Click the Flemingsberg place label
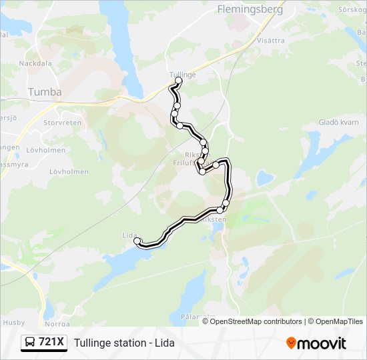[x=250, y=9]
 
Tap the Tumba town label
[x=45, y=92]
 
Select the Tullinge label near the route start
[x=182, y=75]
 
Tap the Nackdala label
[x=35, y=63]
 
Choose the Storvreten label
[x=62, y=123]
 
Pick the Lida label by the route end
[x=129, y=235]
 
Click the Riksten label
[x=214, y=219]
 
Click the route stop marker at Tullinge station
[x=178, y=81]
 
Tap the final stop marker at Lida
[x=137, y=241]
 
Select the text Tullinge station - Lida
[x=124, y=343]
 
